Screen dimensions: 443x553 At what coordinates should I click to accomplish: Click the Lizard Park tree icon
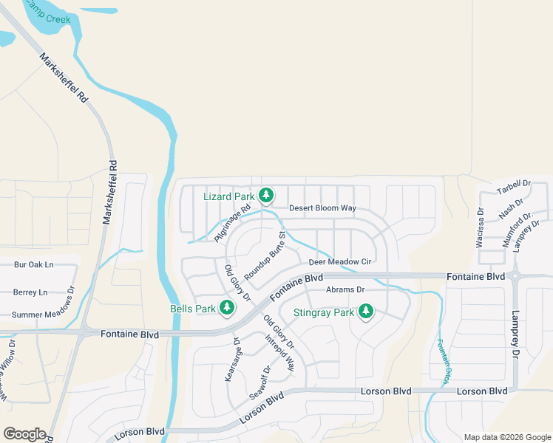click(266, 196)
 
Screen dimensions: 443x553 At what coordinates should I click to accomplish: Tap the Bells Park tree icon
click(228, 307)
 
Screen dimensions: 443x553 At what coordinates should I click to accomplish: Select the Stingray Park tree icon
click(365, 312)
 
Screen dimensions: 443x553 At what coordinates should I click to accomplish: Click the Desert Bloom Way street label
click(322, 208)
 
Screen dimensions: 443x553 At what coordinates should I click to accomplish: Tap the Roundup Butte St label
click(265, 255)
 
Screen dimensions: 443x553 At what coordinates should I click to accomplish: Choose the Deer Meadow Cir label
click(339, 262)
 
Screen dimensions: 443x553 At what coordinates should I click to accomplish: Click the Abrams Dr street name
click(345, 290)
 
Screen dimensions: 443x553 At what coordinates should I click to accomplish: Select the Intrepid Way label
click(280, 353)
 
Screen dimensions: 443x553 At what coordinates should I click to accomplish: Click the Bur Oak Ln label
click(34, 264)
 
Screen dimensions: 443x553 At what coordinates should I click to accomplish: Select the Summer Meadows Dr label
click(44, 315)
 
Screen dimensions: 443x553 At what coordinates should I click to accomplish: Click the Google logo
click(24, 434)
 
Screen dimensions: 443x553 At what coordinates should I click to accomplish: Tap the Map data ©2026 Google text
click(506, 437)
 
